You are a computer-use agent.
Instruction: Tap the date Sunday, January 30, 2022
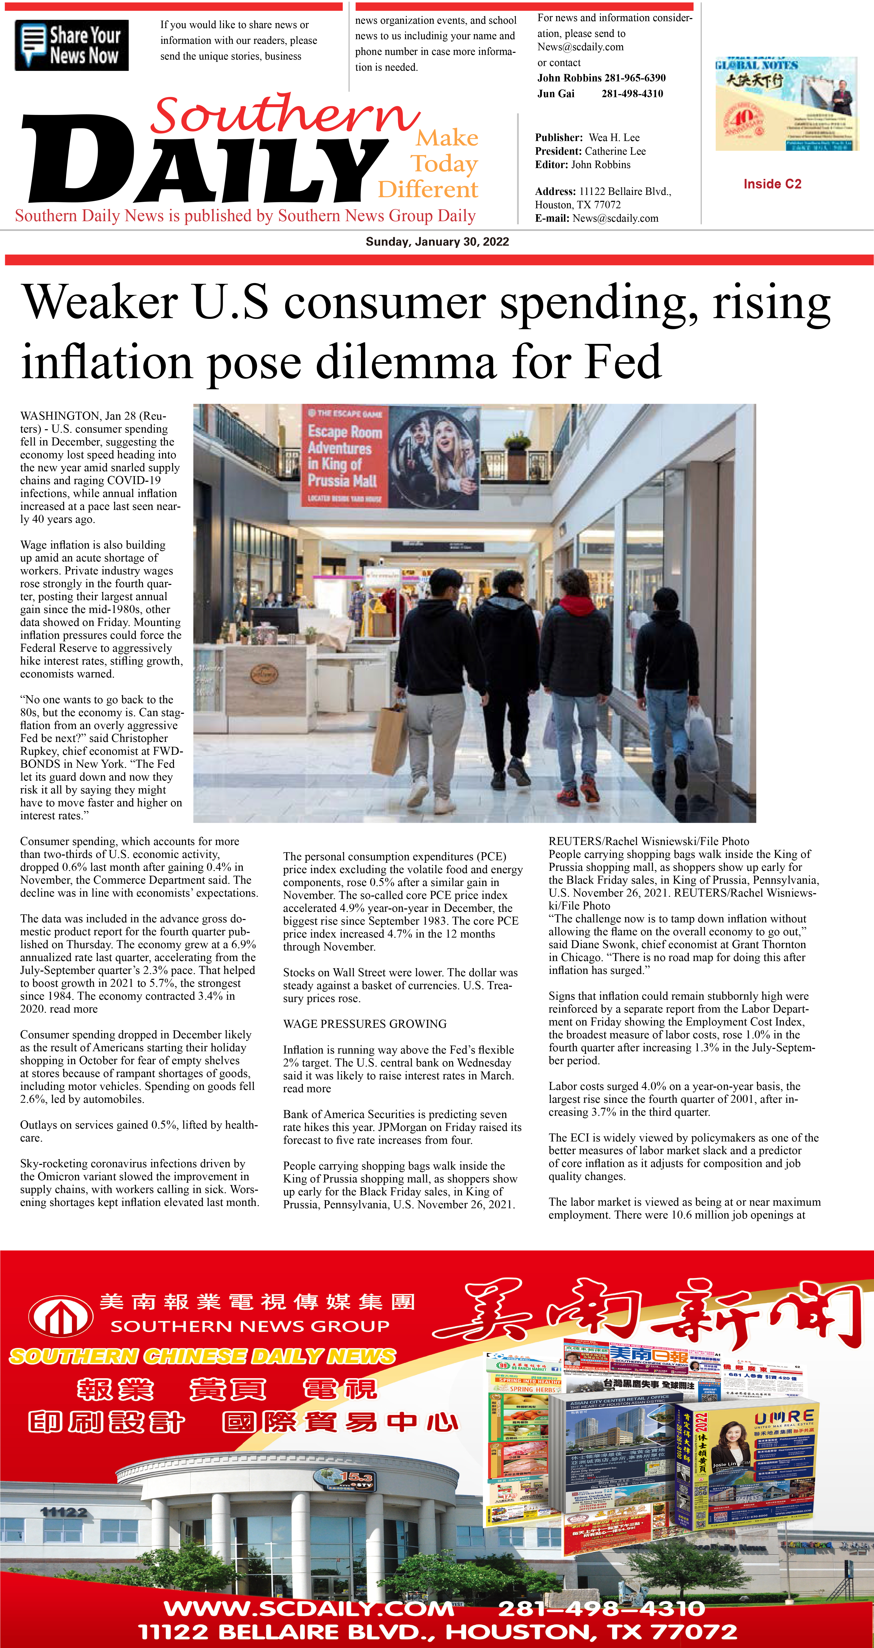pos(437,242)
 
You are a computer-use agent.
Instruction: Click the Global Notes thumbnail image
pos(786,104)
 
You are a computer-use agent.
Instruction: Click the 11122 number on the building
pos(63,1512)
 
